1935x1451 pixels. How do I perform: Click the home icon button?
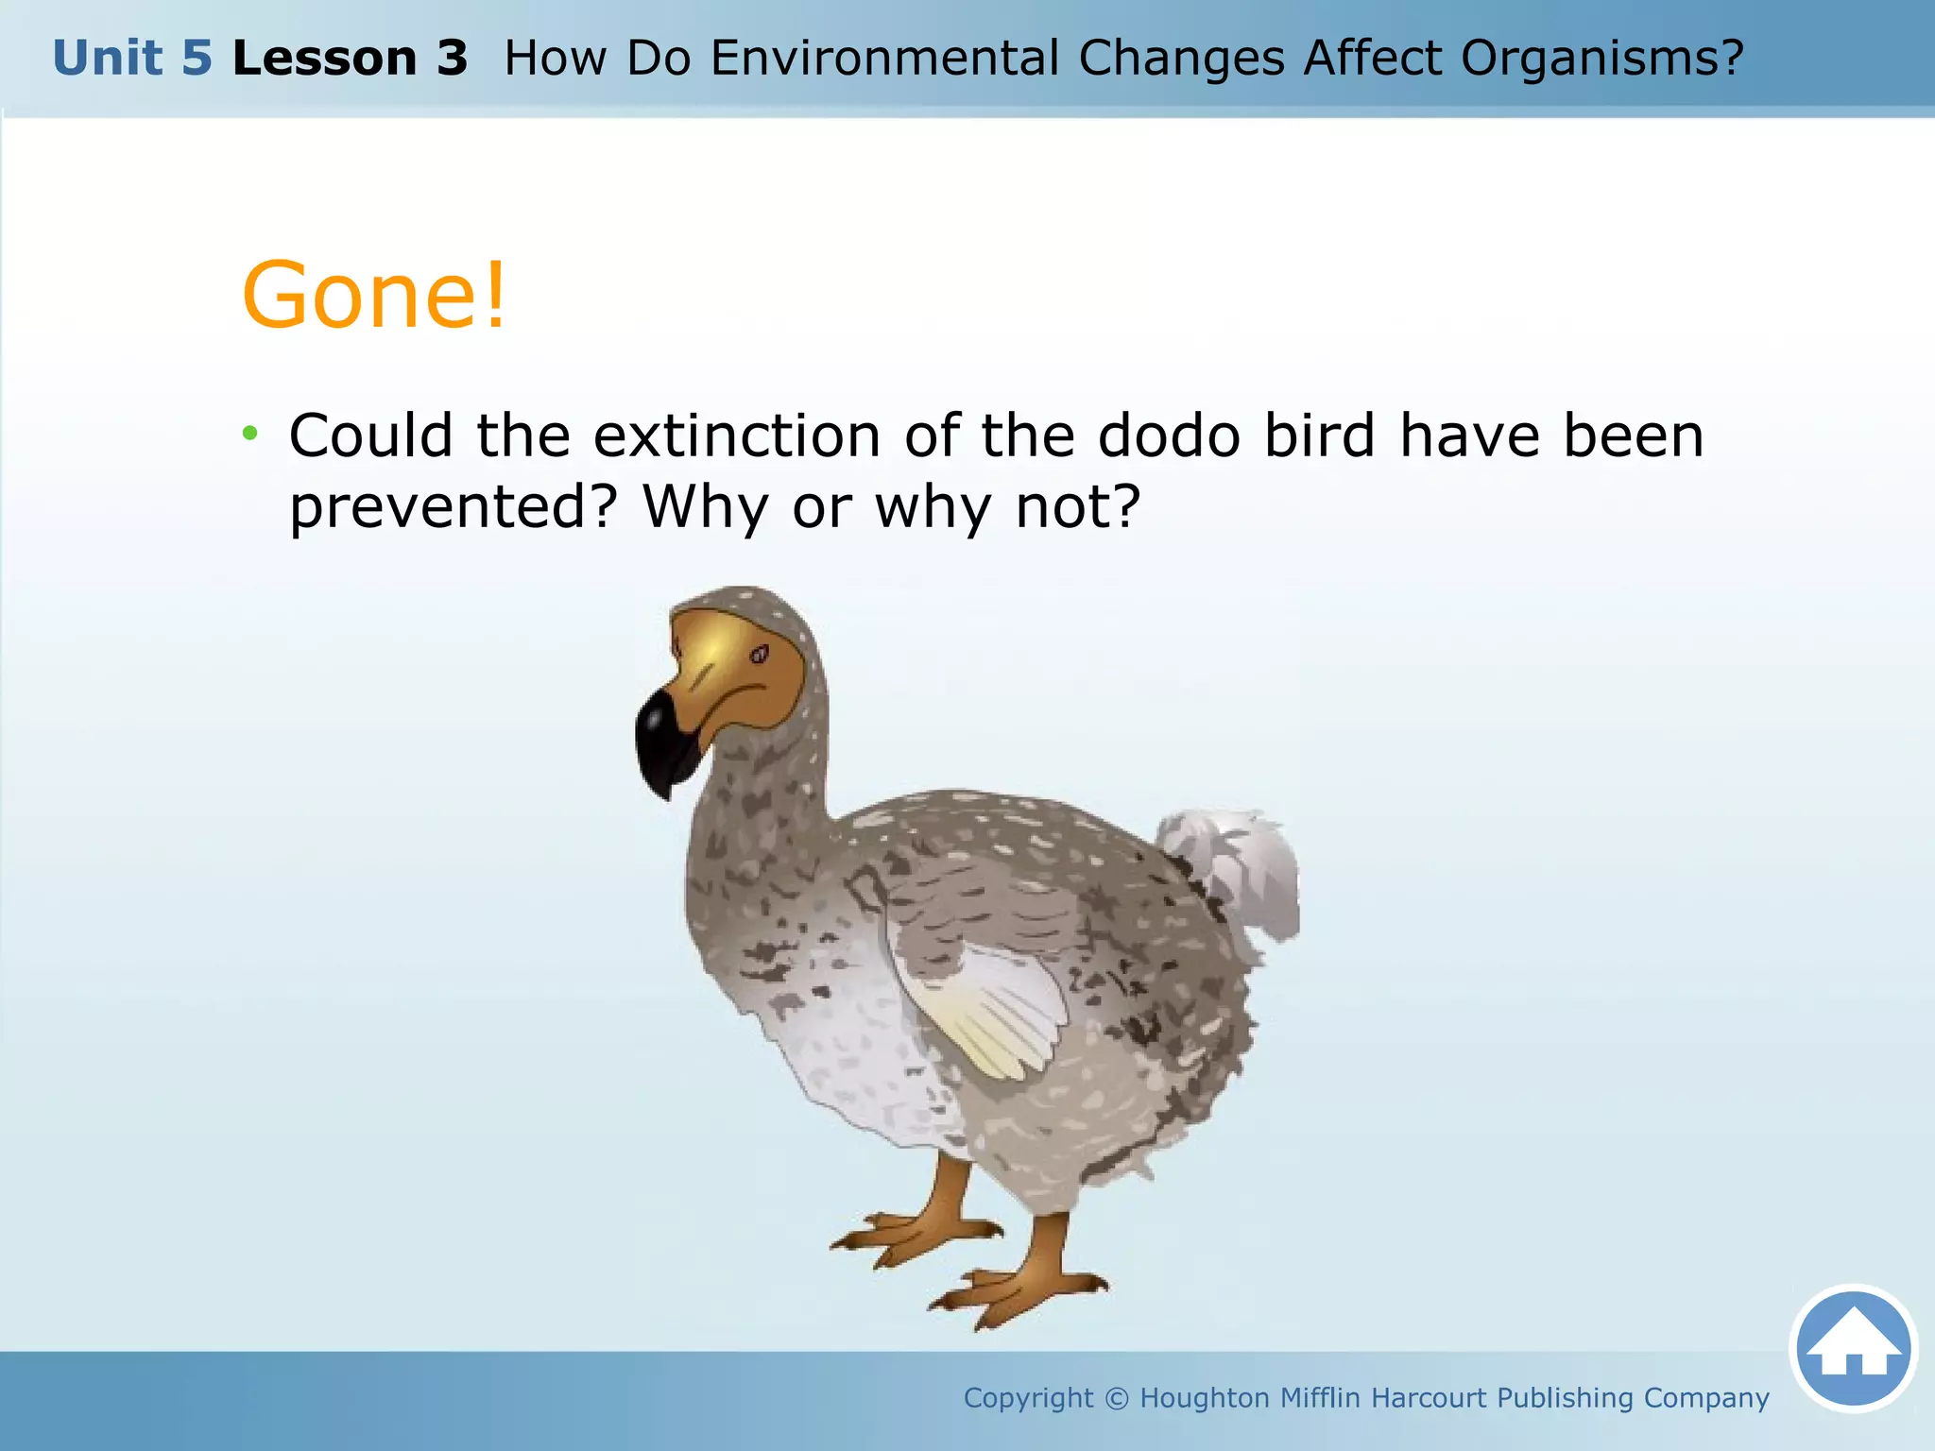tap(1853, 1348)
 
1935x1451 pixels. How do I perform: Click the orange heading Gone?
tap(375, 297)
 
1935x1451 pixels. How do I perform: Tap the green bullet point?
tap(249, 435)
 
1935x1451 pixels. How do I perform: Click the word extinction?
tap(737, 435)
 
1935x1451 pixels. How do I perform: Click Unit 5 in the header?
tap(132, 59)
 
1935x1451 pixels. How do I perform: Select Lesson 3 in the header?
tap(350, 59)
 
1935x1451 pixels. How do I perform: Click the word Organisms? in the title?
tap(1601, 59)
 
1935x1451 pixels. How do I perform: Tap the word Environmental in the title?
tap(884, 59)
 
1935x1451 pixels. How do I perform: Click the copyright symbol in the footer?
tap(1116, 1398)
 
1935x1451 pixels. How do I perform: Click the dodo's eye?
tap(759, 654)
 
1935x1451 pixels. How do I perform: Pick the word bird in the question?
tap(1319, 435)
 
